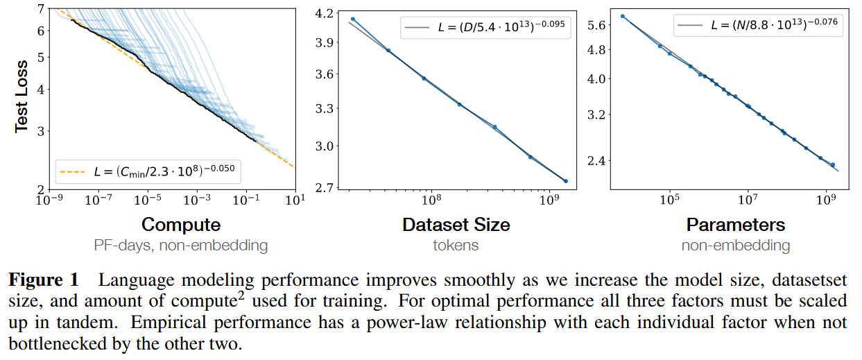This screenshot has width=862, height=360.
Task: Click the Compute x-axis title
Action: [181, 225]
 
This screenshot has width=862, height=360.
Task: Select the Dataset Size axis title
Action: [456, 225]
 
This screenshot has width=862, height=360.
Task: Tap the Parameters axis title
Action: [736, 225]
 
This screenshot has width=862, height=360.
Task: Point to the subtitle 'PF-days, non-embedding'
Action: [181, 245]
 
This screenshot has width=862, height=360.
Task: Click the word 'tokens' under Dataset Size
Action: [456, 245]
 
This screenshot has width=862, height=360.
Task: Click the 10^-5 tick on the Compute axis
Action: [147, 200]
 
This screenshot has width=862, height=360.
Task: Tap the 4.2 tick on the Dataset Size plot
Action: [323, 13]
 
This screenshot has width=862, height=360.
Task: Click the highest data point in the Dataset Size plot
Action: [353, 19]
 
